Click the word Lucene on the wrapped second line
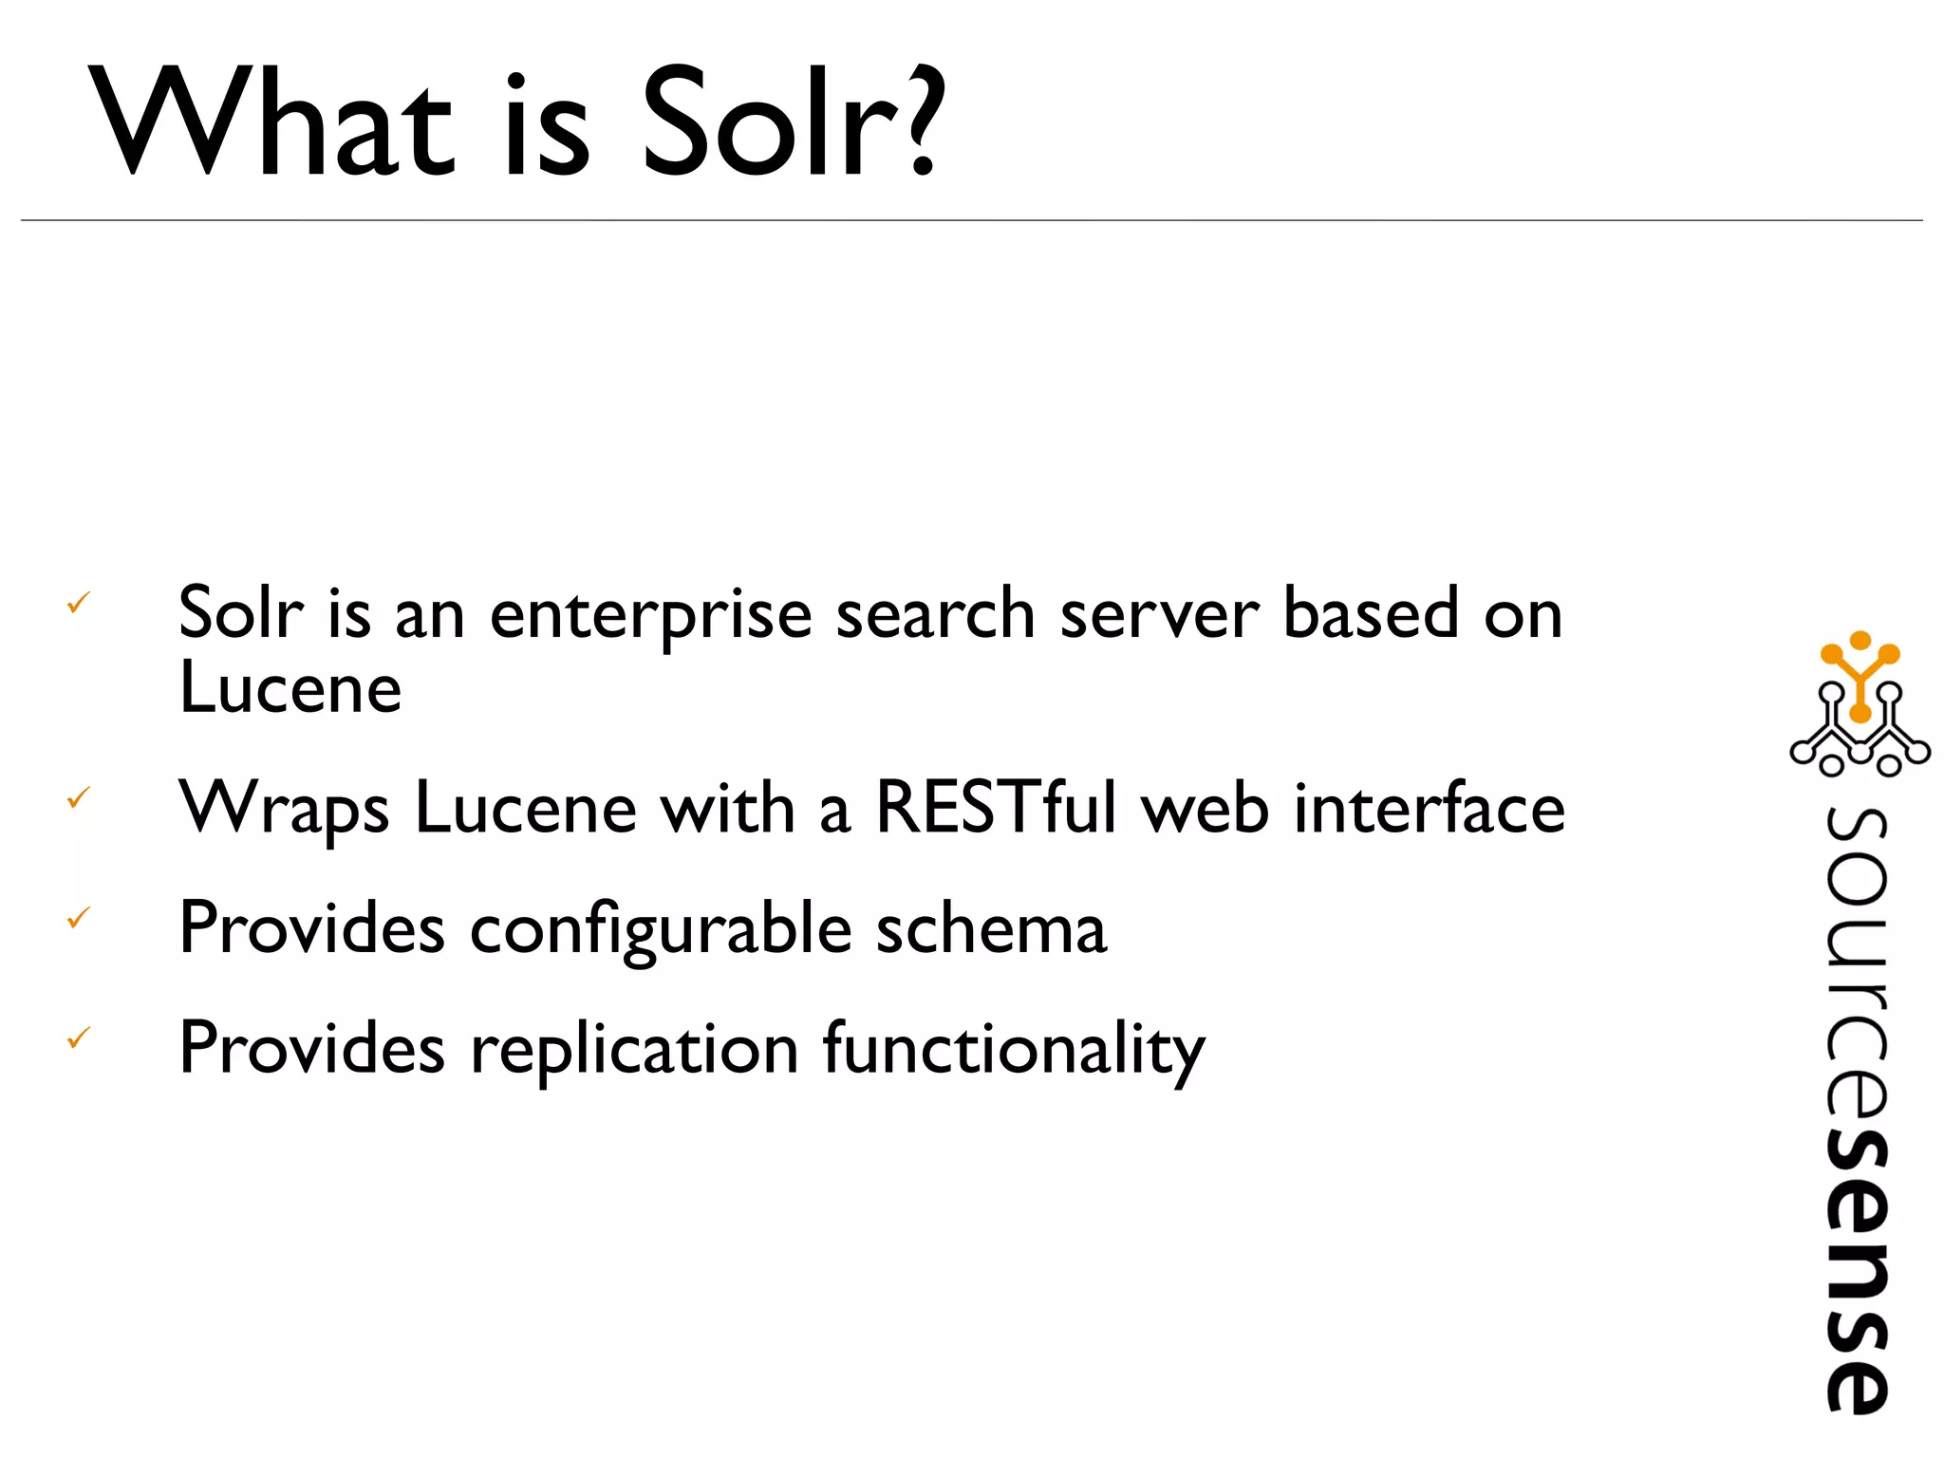click(x=290, y=687)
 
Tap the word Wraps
click(x=284, y=810)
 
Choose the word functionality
click(x=1014, y=1052)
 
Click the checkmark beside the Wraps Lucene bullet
click(x=79, y=797)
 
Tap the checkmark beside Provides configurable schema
click(x=79, y=918)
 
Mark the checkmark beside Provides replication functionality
click(x=79, y=1037)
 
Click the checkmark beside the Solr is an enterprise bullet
click(x=79, y=602)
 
